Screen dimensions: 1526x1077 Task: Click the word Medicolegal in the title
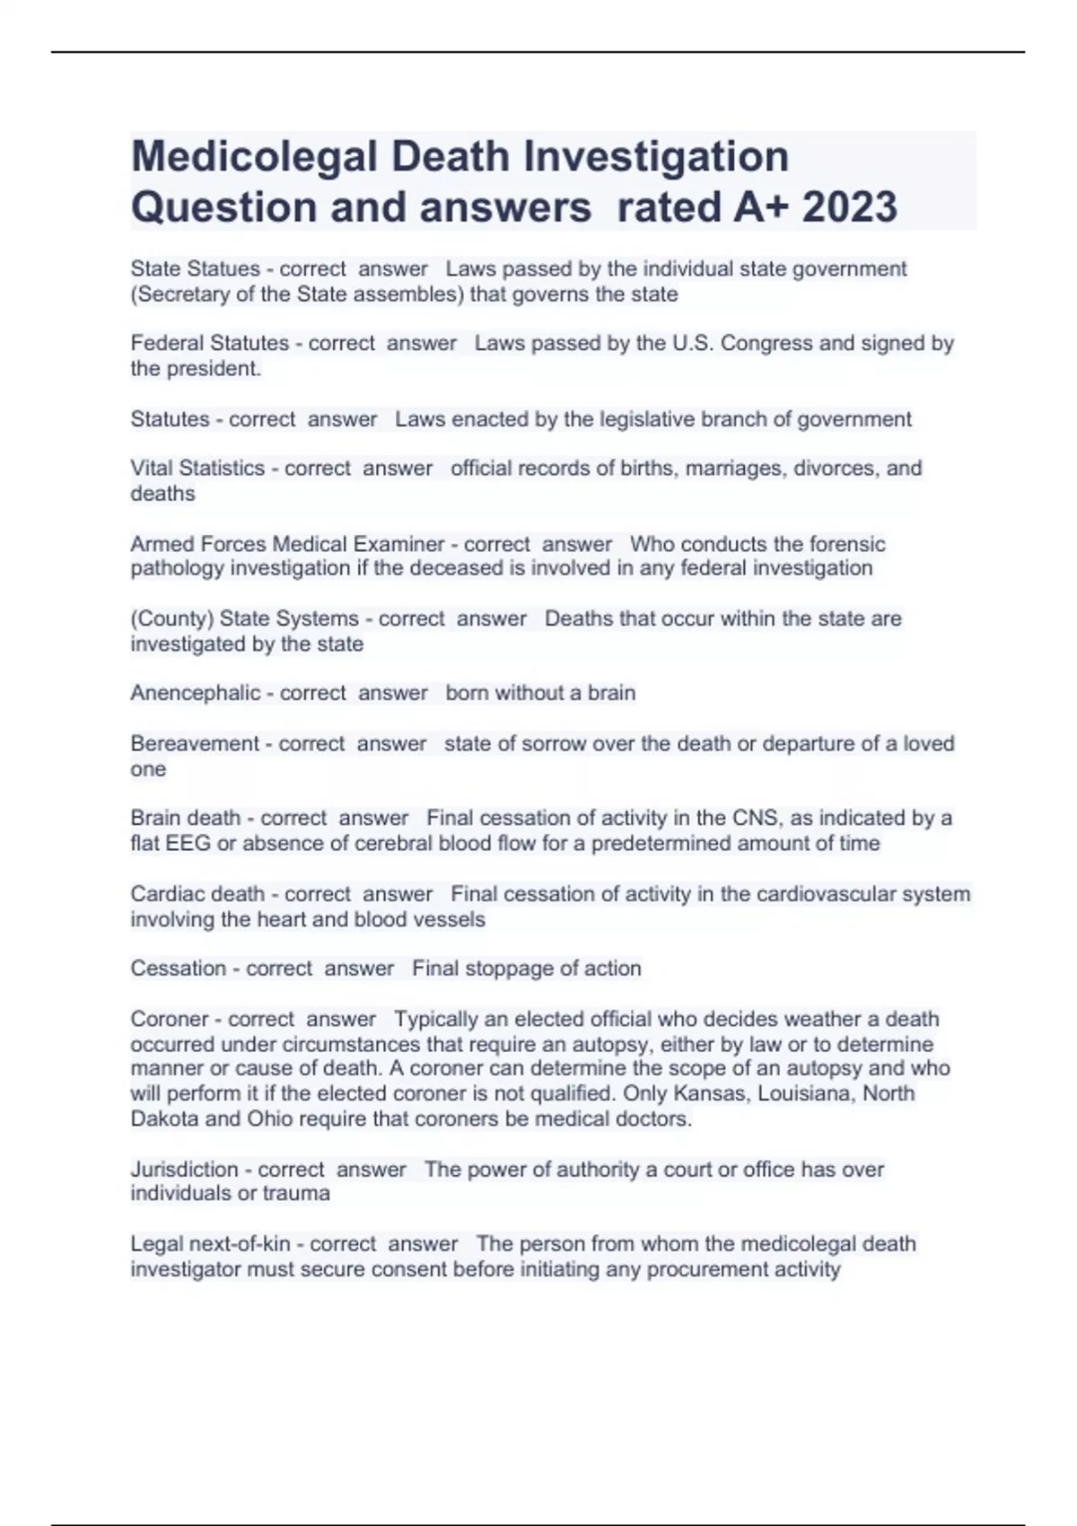tap(254, 157)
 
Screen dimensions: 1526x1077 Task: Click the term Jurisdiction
tap(184, 1169)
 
